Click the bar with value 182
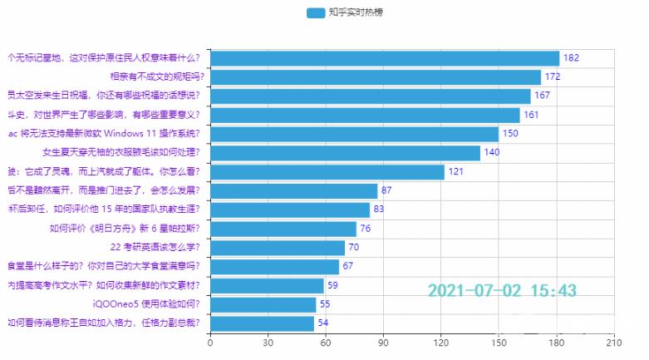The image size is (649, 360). tap(384, 58)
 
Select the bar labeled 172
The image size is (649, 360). tap(375, 77)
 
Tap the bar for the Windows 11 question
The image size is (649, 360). tap(354, 134)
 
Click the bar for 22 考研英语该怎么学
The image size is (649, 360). tap(277, 248)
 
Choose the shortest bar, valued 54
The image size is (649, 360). tap(262, 323)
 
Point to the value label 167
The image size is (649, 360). tap(542, 96)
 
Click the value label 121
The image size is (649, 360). tap(456, 172)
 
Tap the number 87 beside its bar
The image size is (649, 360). tap(387, 191)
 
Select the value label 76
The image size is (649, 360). tap(366, 229)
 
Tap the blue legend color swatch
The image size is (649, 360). tap(316, 12)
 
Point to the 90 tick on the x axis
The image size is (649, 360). tap(383, 343)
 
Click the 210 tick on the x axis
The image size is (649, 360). tap(613, 343)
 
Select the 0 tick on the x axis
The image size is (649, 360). tap(210, 343)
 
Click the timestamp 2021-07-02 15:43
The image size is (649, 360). tap(502, 290)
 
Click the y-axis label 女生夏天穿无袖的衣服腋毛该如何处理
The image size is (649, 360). tap(123, 153)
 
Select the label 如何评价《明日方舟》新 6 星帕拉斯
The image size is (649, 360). tap(127, 229)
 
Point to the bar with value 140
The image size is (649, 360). tap(345, 153)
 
